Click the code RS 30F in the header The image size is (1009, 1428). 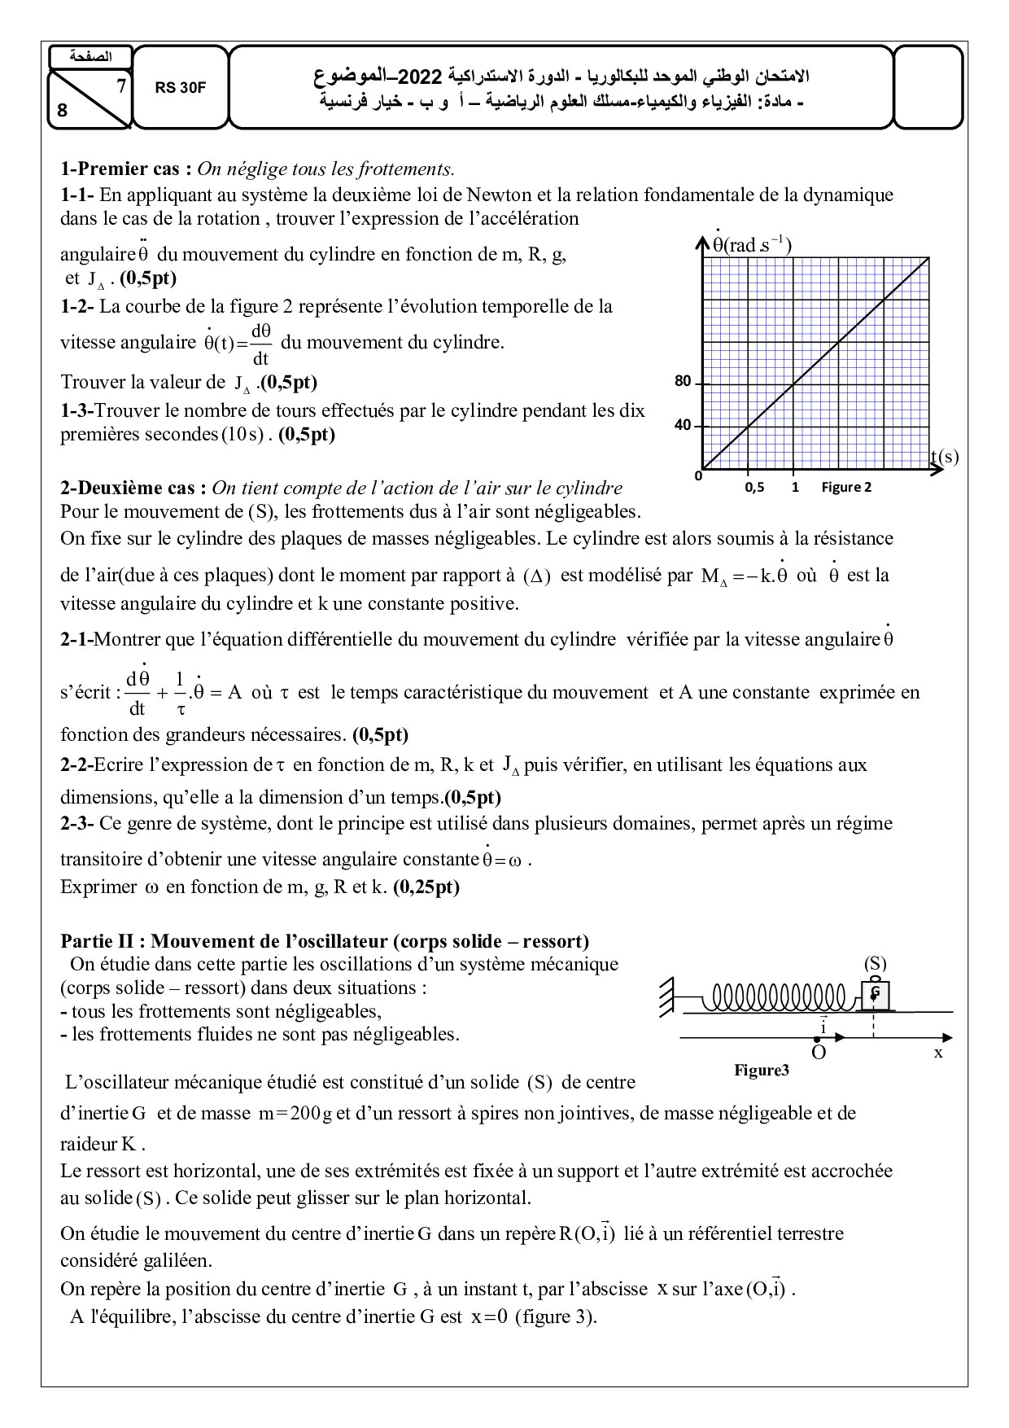pyautogui.click(x=181, y=89)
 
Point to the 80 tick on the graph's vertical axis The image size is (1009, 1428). pyautogui.click(x=683, y=381)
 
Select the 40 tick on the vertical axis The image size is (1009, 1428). pyautogui.click(x=683, y=425)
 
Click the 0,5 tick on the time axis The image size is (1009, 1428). pyautogui.click(x=754, y=488)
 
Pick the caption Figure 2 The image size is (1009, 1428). pyautogui.click(x=846, y=487)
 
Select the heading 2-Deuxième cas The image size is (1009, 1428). pyautogui.click(x=135, y=488)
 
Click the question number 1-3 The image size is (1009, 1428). pyautogui.click(x=76, y=410)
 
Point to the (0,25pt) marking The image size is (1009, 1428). pyautogui.click(x=426, y=887)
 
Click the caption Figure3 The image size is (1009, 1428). pyautogui.click(x=762, y=1070)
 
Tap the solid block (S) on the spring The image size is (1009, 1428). pyautogui.click(x=875, y=994)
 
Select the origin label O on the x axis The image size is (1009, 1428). pyautogui.click(x=819, y=1053)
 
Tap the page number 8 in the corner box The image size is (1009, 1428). pyautogui.click(x=63, y=112)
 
